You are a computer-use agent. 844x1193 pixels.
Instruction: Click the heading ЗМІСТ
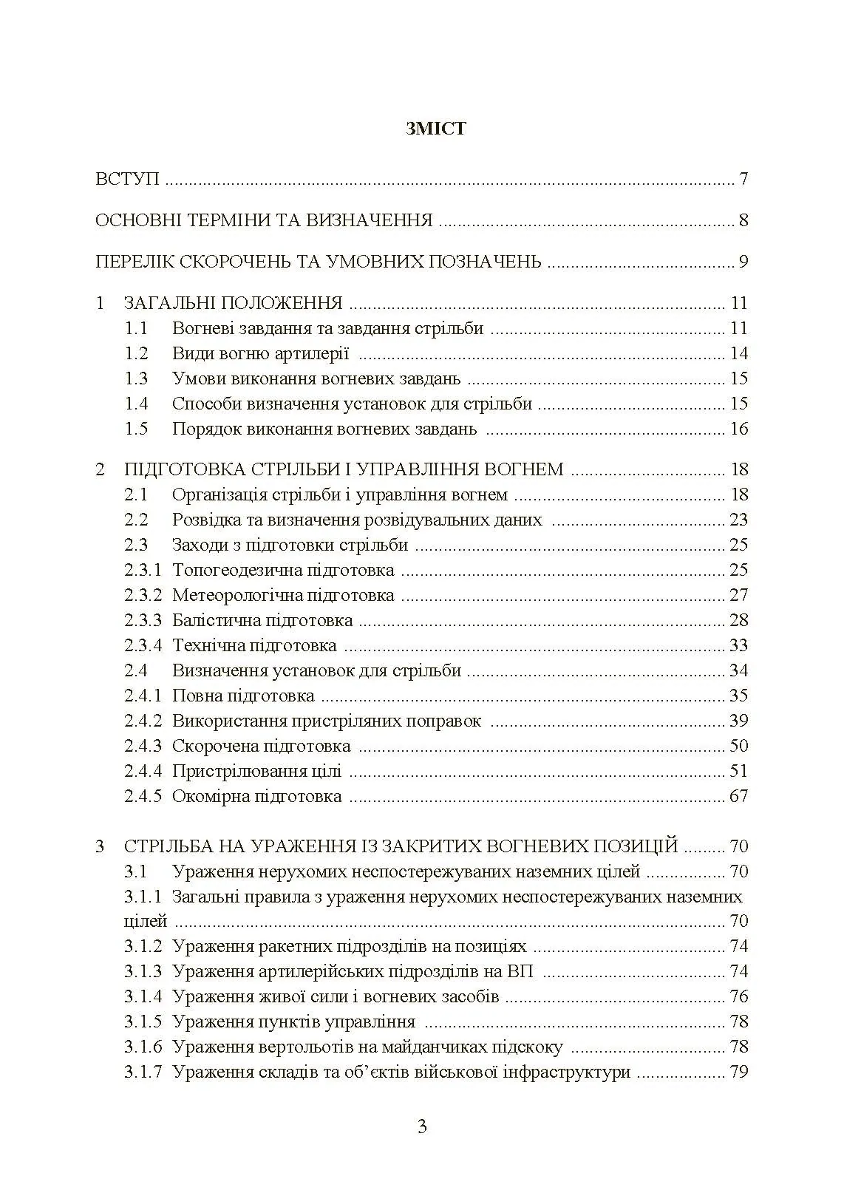coord(436,129)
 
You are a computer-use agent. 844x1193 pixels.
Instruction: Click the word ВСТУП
coord(127,180)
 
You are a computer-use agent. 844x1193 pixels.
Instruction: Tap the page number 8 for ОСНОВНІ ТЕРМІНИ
coord(743,221)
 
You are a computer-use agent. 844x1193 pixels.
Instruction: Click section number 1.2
coord(136,353)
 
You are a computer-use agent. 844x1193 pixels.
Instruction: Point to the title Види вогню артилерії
coord(260,353)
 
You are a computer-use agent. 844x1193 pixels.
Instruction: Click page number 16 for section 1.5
coord(738,429)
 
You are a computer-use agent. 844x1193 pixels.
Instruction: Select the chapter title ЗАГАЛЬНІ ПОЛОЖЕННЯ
coord(233,303)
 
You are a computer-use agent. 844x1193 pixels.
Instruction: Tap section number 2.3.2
coord(142,595)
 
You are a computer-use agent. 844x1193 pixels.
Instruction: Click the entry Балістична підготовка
coord(262,620)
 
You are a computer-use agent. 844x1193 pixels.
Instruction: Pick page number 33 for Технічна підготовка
coord(738,645)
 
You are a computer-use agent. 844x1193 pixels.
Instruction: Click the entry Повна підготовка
coord(243,696)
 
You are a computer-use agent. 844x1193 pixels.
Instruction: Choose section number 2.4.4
coord(142,771)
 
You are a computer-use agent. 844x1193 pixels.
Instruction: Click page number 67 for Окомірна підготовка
coord(738,796)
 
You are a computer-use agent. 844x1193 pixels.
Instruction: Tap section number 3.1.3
coord(142,971)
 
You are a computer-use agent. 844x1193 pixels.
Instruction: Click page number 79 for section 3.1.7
coord(738,1072)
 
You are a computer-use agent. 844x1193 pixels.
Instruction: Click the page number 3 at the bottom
coord(422,1127)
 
